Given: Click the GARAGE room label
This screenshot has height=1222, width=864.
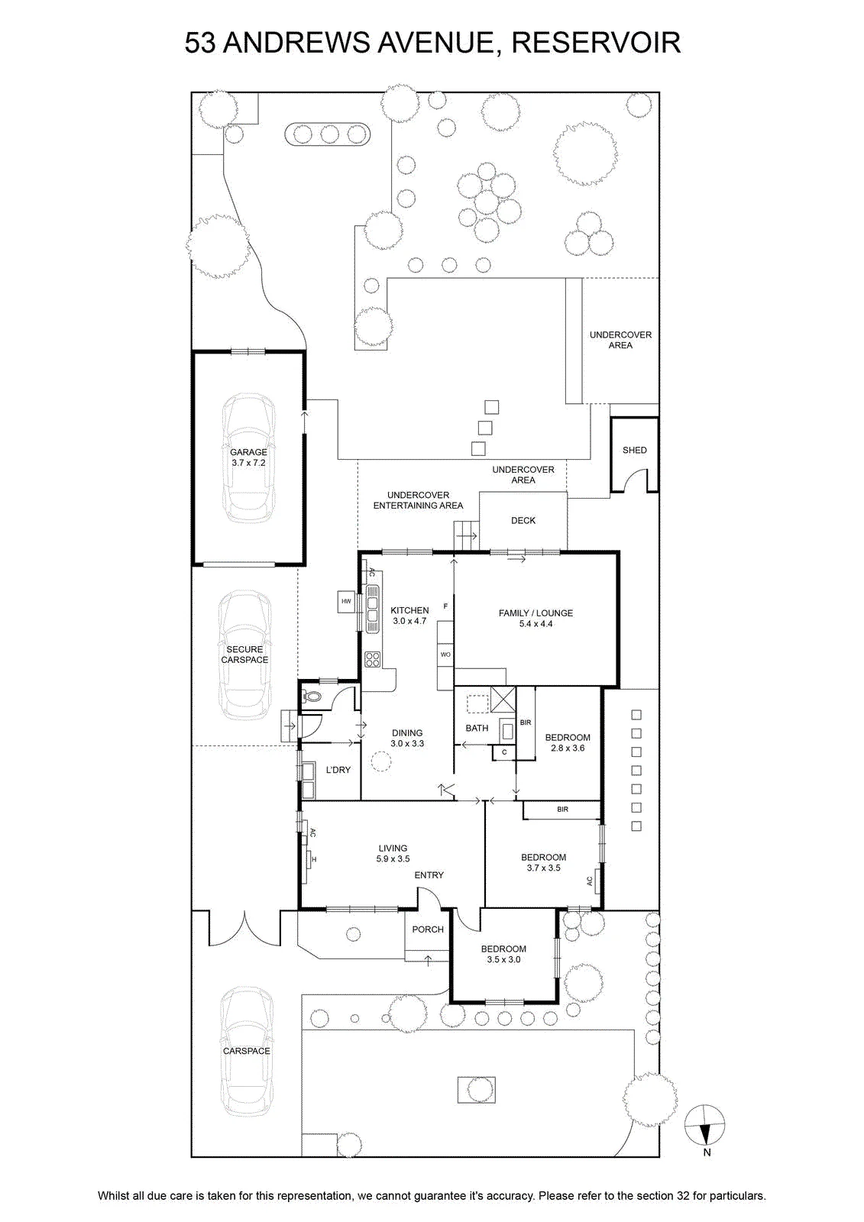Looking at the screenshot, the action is tap(248, 451).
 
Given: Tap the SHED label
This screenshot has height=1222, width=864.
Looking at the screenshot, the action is tap(634, 450).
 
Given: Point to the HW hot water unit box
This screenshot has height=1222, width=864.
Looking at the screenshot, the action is tap(347, 601).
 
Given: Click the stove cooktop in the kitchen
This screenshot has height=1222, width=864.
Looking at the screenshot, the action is tap(373, 659).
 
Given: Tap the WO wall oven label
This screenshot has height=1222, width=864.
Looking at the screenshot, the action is tap(445, 654).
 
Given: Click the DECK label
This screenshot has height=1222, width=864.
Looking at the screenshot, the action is tap(523, 520).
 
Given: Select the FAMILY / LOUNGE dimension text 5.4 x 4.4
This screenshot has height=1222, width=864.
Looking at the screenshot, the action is tap(536, 623).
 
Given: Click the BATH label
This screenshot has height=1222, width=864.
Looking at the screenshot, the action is tap(477, 728).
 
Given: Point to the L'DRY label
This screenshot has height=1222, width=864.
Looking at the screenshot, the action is tap(338, 770).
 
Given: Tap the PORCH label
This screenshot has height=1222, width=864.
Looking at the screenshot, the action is tap(427, 929).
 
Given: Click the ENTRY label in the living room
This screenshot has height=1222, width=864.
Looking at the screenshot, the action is tap(429, 875).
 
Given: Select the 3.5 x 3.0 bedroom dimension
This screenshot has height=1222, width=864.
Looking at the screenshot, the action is tap(503, 959).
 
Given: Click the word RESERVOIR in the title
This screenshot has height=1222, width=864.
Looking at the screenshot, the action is tap(596, 43).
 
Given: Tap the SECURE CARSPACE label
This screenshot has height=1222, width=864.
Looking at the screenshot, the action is tap(244, 654).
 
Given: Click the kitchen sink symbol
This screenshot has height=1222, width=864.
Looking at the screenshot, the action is tap(373, 609).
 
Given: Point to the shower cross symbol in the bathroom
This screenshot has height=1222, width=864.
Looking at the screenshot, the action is tap(503, 700).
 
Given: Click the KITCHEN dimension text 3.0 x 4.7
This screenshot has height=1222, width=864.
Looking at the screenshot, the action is tap(409, 621).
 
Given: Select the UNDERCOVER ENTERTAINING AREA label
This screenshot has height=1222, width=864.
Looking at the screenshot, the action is tap(418, 500).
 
